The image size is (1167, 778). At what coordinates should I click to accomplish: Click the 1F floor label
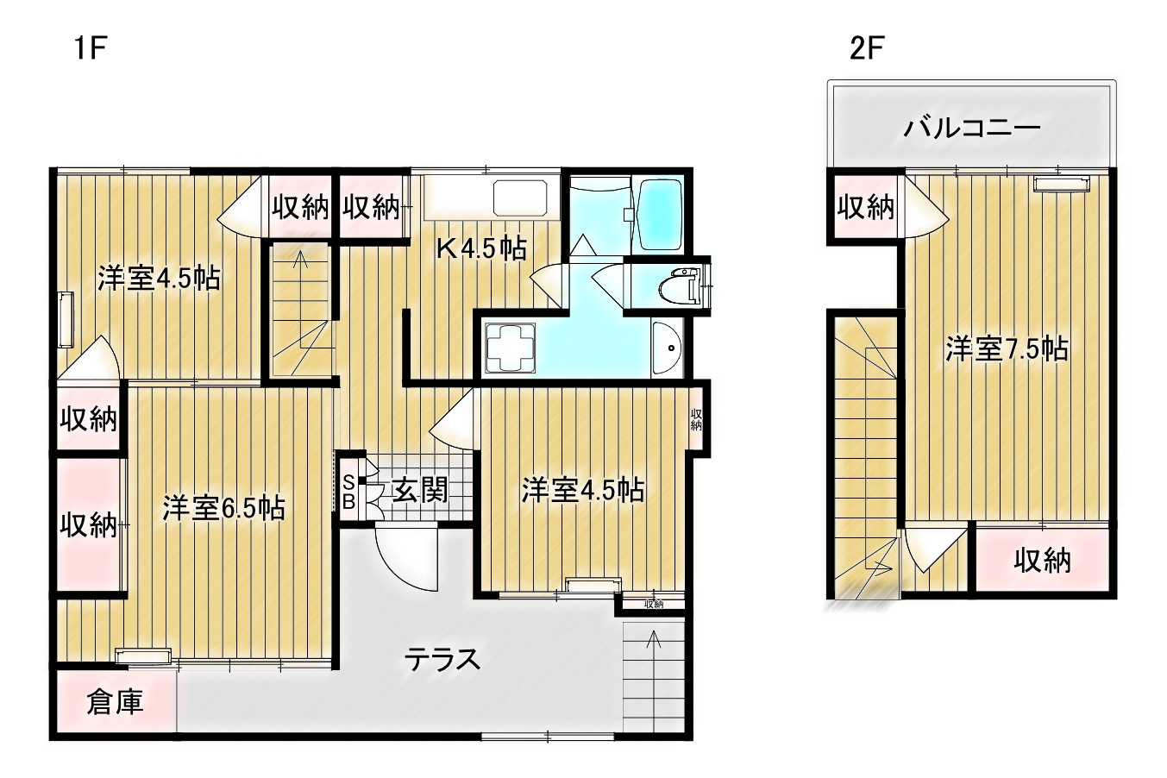[x=91, y=48]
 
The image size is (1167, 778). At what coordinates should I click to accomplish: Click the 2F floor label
[x=866, y=48]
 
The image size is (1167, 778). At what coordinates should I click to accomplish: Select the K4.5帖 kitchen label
[x=481, y=248]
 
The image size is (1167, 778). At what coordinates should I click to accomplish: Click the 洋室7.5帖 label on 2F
[x=1007, y=348]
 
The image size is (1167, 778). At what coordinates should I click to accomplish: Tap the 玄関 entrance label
[x=420, y=490]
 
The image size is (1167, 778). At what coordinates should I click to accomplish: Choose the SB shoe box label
[x=348, y=491]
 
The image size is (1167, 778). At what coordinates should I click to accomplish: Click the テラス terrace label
[x=442, y=660]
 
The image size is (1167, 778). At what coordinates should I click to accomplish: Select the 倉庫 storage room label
[x=115, y=702]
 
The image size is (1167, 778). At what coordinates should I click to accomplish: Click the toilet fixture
[x=680, y=285]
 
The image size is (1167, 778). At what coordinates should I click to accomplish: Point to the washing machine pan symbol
[x=511, y=348]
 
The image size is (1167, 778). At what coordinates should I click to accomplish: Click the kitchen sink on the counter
[x=520, y=198]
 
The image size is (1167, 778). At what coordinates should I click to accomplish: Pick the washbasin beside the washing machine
[x=667, y=348]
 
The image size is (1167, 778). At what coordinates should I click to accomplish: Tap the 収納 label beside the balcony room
[x=866, y=207]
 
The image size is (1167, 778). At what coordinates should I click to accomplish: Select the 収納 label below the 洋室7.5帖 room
[x=1043, y=561]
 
